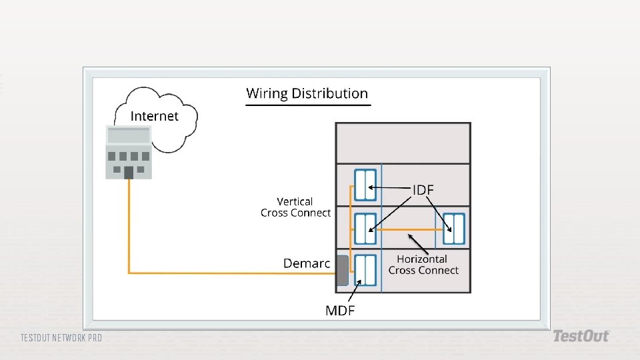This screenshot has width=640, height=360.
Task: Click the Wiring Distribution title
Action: pyautogui.click(x=307, y=93)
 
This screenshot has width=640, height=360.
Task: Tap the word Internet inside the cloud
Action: pyautogui.click(x=154, y=116)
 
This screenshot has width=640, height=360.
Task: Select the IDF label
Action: pyautogui.click(x=423, y=190)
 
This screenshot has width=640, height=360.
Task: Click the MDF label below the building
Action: pyautogui.click(x=340, y=310)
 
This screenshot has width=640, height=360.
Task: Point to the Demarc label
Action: pyautogui.click(x=306, y=263)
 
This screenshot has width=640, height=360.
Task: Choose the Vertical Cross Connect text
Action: pyautogui.click(x=295, y=207)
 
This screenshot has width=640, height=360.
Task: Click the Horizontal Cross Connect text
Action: pyautogui.click(x=423, y=265)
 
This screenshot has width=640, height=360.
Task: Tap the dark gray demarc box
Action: pyautogui.click(x=342, y=270)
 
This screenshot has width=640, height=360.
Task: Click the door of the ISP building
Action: pyautogui.click(x=129, y=173)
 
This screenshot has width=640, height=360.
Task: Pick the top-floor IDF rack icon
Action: pyautogui.click(x=365, y=185)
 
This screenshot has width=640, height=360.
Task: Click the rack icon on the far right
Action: pyautogui.click(x=454, y=229)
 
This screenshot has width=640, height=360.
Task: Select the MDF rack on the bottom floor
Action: pyautogui.click(x=365, y=270)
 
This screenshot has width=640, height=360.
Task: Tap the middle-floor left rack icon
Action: pyautogui.click(x=365, y=229)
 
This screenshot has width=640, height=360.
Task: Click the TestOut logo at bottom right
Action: pyautogui.click(x=581, y=337)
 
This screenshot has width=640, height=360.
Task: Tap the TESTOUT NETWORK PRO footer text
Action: pyautogui.click(x=61, y=338)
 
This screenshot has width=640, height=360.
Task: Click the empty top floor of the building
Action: pyautogui.click(x=403, y=143)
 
